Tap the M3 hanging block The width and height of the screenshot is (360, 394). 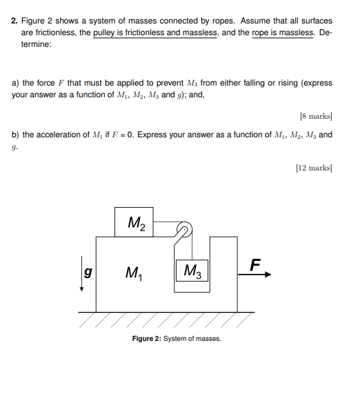(x=193, y=270)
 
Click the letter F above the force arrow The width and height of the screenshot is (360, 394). (x=256, y=264)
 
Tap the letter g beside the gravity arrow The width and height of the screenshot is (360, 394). (x=88, y=270)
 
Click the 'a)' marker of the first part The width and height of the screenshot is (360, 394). (x=16, y=83)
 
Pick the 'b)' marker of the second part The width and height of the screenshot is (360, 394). (x=16, y=135)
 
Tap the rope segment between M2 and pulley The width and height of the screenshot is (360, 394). (x=167, y=224)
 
